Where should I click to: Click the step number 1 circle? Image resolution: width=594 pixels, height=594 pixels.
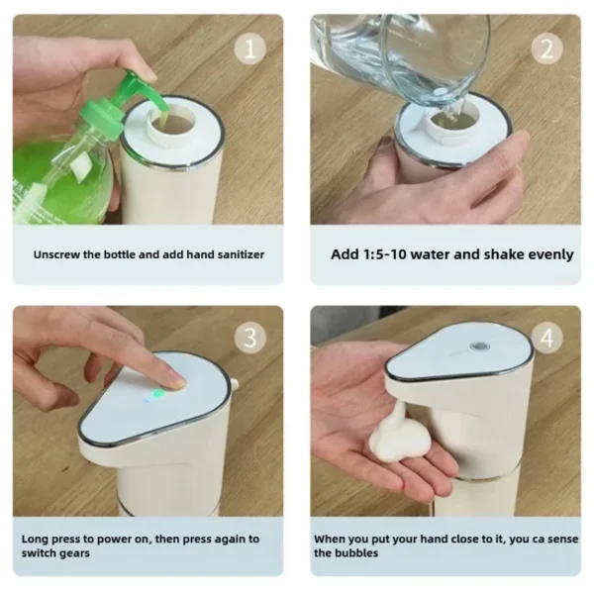[x=250, y=47]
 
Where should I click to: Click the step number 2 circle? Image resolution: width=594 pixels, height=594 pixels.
[x=547, y=47]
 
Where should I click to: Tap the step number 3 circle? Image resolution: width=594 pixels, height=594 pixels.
[x=250, y=338]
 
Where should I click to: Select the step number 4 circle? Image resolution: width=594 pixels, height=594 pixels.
[x=547, y=338]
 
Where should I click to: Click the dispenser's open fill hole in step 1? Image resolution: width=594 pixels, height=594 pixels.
[x=168, y=121]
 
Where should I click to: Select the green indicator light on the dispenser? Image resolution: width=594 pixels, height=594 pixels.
[x=156, y=394]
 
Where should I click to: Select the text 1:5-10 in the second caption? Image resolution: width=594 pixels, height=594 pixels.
[x=388, y=254]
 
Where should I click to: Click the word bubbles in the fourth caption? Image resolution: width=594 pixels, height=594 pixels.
[x=359, y=552]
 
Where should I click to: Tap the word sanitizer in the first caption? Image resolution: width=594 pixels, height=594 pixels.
[x=235, y=254]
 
